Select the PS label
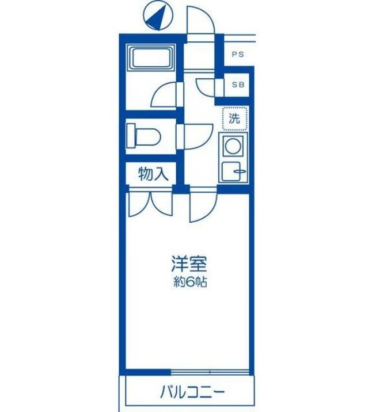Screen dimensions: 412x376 [238, 55]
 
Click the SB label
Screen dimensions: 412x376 [238, 85]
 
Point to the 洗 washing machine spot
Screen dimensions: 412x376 [235, 119]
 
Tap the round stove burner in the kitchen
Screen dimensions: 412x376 [233, 146]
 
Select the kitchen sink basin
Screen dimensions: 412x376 [233, 171]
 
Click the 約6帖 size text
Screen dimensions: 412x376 [188, 283]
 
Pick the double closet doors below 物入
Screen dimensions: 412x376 [150, 204]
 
